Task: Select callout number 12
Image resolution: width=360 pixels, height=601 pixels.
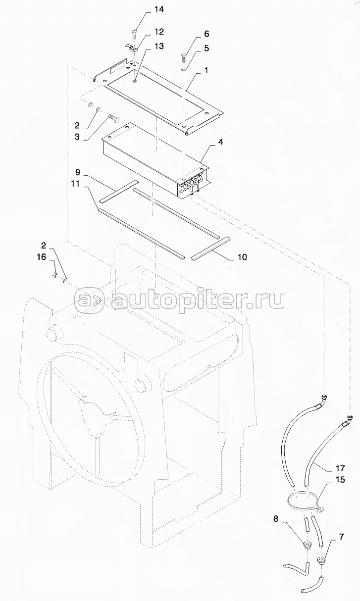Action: click(159, 32)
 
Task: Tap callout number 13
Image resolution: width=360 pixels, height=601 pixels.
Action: click(159, 46)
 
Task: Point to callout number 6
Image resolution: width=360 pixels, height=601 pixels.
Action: click(206, 34)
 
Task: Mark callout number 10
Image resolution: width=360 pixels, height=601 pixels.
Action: click(242, 257)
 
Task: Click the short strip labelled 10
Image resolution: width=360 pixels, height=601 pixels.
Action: click(209, 248)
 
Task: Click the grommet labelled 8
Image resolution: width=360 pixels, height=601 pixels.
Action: click(307, 546)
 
